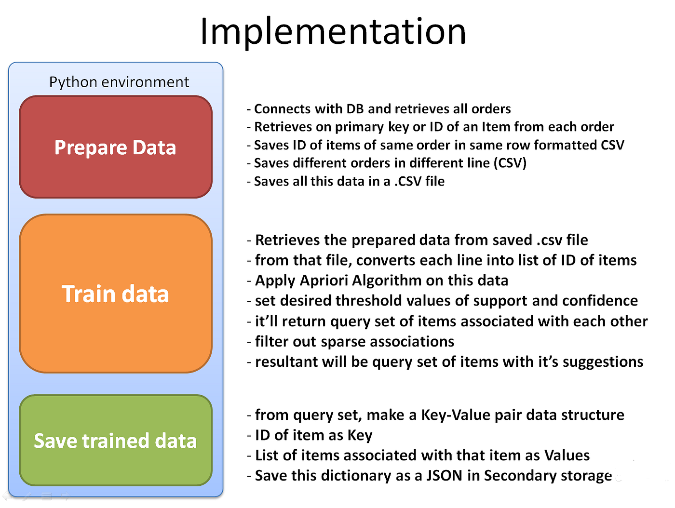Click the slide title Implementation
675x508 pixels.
333,31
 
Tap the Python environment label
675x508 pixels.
119,82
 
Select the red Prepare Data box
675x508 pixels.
116,147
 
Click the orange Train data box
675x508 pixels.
116,294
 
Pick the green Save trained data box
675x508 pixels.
116,441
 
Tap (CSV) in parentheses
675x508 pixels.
510,163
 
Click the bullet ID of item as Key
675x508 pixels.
313,435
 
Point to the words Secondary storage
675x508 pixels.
548,476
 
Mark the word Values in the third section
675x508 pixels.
567,455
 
